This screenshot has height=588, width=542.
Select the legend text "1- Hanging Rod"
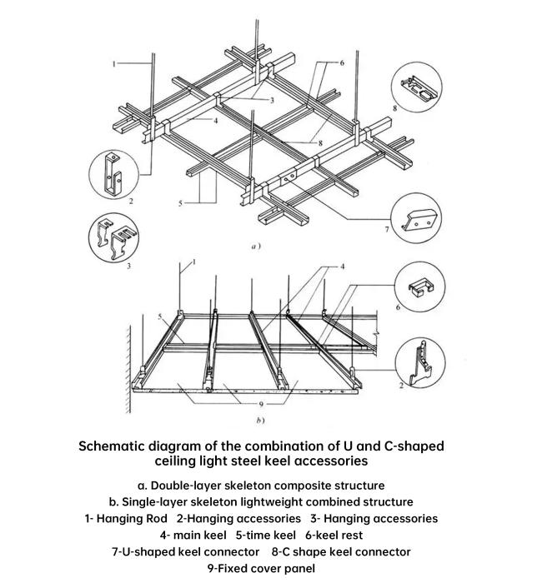pos(127,518)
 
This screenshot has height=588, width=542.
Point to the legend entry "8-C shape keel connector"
pos(341,551)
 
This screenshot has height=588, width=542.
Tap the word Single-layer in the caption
pos(161,502)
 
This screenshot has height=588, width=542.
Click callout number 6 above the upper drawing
pos(342,62)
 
